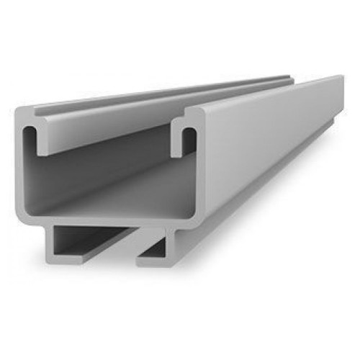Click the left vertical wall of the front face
click(x=22, y=173)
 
